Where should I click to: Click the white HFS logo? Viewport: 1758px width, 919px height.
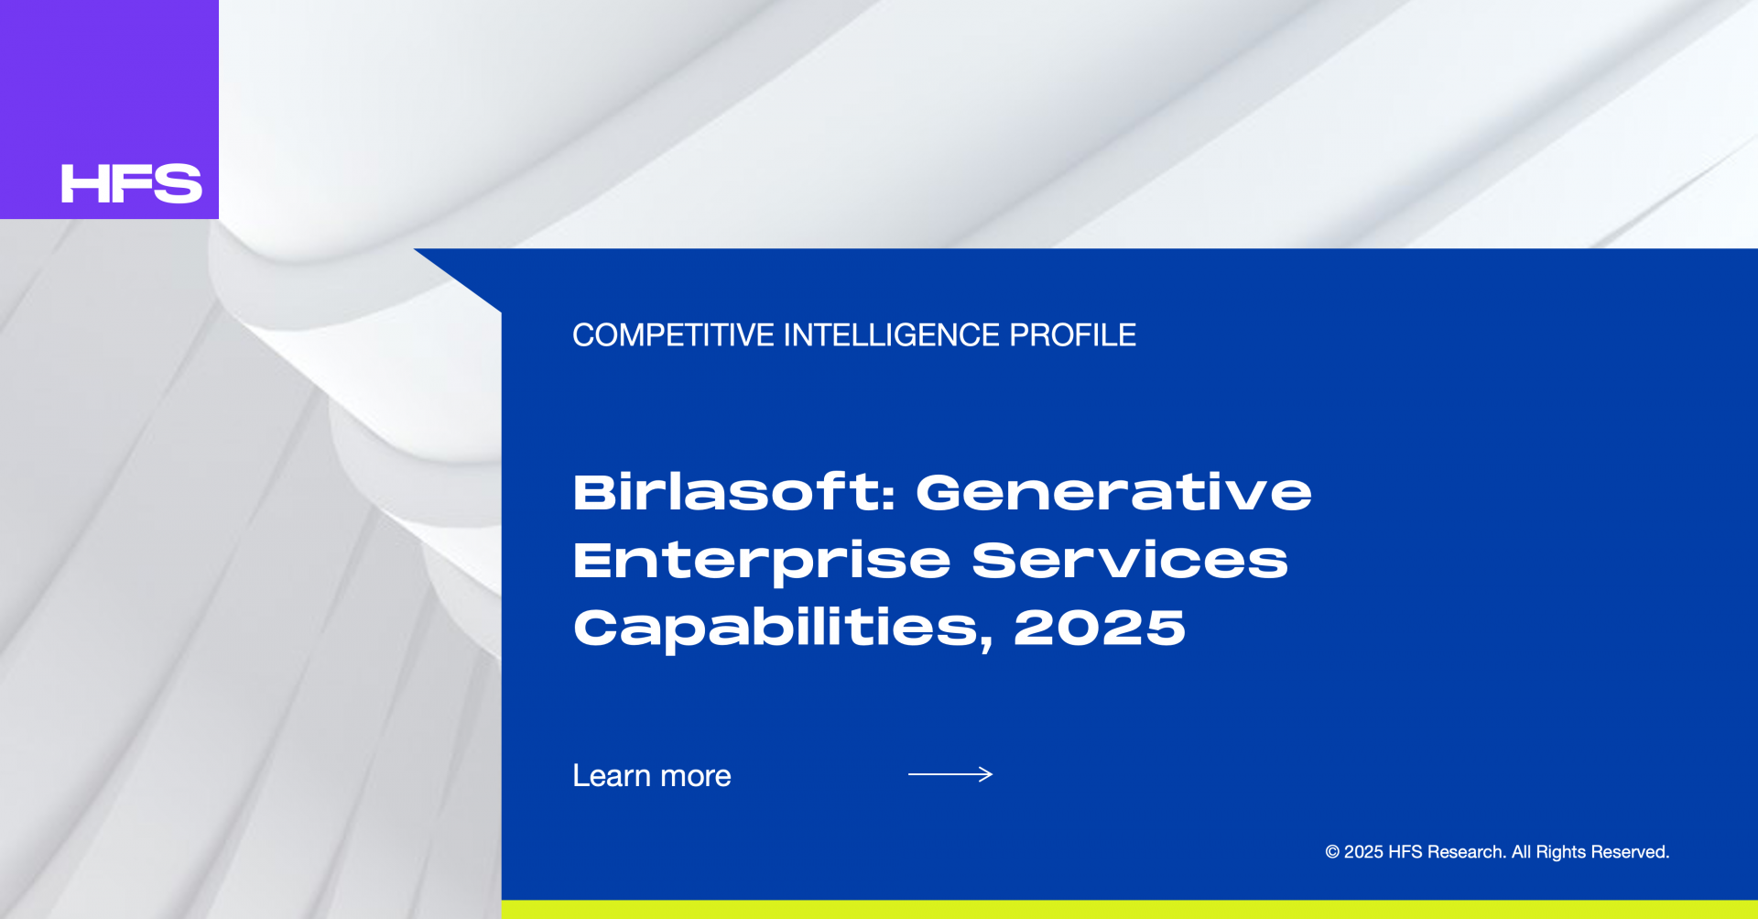131,183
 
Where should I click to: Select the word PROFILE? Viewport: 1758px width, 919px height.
1072,335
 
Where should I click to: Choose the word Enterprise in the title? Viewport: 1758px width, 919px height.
762,562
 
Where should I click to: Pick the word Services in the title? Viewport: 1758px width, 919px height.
1130,560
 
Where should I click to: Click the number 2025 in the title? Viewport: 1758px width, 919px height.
1100,629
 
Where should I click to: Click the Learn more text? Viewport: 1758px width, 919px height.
652,775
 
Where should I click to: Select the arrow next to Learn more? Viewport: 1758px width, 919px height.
950,774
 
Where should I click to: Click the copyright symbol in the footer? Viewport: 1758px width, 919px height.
1332,852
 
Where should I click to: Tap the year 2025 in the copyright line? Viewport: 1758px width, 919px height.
1363,852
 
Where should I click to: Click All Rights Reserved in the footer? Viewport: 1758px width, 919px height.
1590,852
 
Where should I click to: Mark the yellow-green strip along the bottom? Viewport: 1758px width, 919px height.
1130,910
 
